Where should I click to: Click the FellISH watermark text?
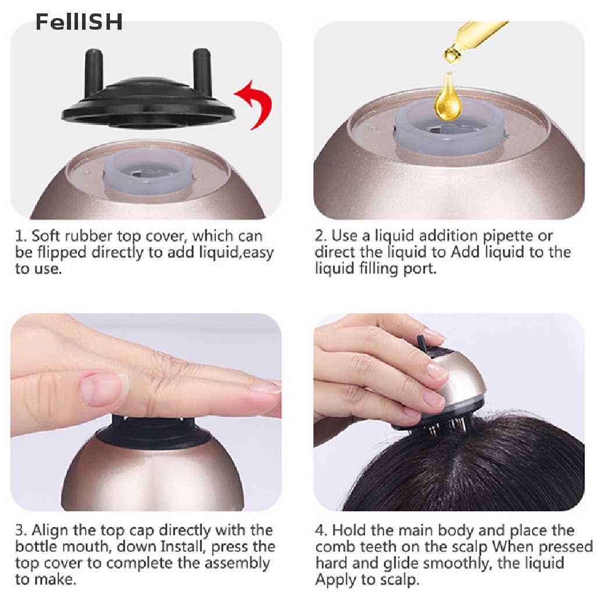pos(79,22)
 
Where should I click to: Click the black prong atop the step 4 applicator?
pos(423,344)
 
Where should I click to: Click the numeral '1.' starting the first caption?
pos(22,236)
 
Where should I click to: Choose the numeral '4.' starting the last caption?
pos(321,530)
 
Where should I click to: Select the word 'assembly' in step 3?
pos(237,563)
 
